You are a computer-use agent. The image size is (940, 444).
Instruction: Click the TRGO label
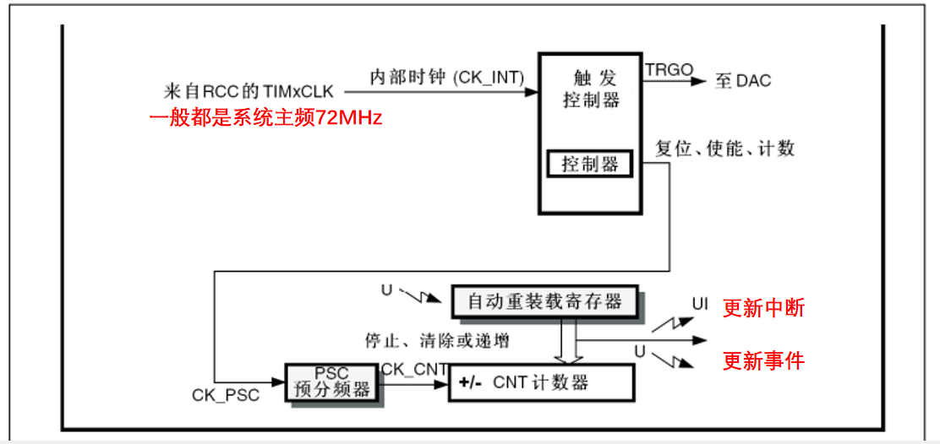(x=669, y=70)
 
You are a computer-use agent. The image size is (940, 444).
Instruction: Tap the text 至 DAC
(x=743, y=82)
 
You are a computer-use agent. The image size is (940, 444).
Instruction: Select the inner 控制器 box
(x=590, y=164)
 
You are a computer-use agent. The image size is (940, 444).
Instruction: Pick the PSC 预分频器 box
(x=331, y=382)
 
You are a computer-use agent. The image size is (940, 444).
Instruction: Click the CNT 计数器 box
(x=540, y=382)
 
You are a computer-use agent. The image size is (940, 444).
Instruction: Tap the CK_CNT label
(x=414, y=368)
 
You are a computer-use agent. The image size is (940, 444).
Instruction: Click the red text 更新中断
(x=763, y=308)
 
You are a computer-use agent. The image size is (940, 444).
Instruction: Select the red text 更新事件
(x=763, y=361)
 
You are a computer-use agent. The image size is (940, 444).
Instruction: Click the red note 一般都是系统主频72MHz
(x=265, y=118)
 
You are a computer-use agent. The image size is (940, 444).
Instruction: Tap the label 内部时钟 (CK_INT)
(x=447, y=77)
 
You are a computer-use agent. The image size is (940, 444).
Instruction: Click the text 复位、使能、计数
(x=725, y=149)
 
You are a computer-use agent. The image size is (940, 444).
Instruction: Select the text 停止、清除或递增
(x=436, y=341)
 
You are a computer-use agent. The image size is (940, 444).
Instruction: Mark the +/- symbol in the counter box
(x=470, y=383)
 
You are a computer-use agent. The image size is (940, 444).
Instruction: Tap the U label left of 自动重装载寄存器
(x=386, y=290)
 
